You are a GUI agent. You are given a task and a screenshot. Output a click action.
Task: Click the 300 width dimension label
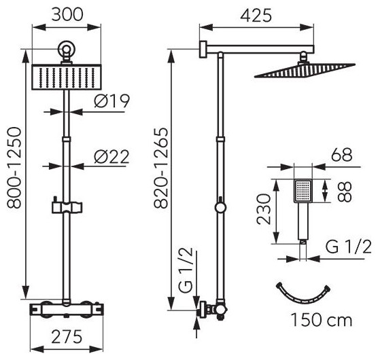[67, 15]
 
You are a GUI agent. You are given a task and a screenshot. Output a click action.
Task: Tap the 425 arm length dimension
[256, 16]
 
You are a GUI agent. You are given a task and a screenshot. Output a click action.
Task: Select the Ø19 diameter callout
[112, 101]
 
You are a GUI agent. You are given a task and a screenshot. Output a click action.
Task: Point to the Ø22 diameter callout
[111, 157]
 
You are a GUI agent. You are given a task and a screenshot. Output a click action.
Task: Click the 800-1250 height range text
[14, 168]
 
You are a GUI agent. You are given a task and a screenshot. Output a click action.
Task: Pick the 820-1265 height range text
[161, 168]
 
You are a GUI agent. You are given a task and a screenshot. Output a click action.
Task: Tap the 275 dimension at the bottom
[67, 337]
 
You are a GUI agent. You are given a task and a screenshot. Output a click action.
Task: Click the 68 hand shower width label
[341, 155]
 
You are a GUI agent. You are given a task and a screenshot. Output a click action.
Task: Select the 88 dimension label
[345, 192]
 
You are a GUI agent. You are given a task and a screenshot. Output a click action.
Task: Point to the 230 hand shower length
[264, 209]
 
